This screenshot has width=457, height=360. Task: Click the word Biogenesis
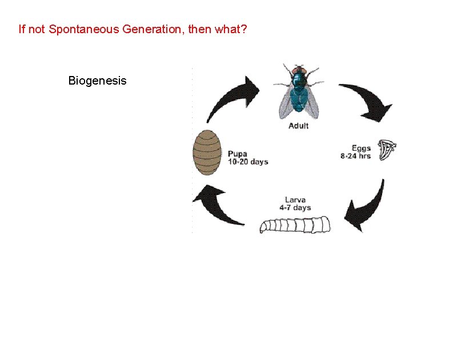(97, 81)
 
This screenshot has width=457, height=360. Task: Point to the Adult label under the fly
(298, 126)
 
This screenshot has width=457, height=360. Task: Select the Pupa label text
(238, 153)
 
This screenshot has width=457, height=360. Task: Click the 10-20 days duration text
(248, 162)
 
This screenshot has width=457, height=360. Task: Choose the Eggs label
(361, 148)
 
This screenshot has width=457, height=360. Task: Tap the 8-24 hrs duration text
(355, 156)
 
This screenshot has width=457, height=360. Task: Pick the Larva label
(295, 199)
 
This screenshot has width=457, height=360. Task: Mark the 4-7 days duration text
(295, 207)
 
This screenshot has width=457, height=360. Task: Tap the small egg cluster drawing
(387, 150)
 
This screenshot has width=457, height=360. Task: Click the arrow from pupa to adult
(231, 97)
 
